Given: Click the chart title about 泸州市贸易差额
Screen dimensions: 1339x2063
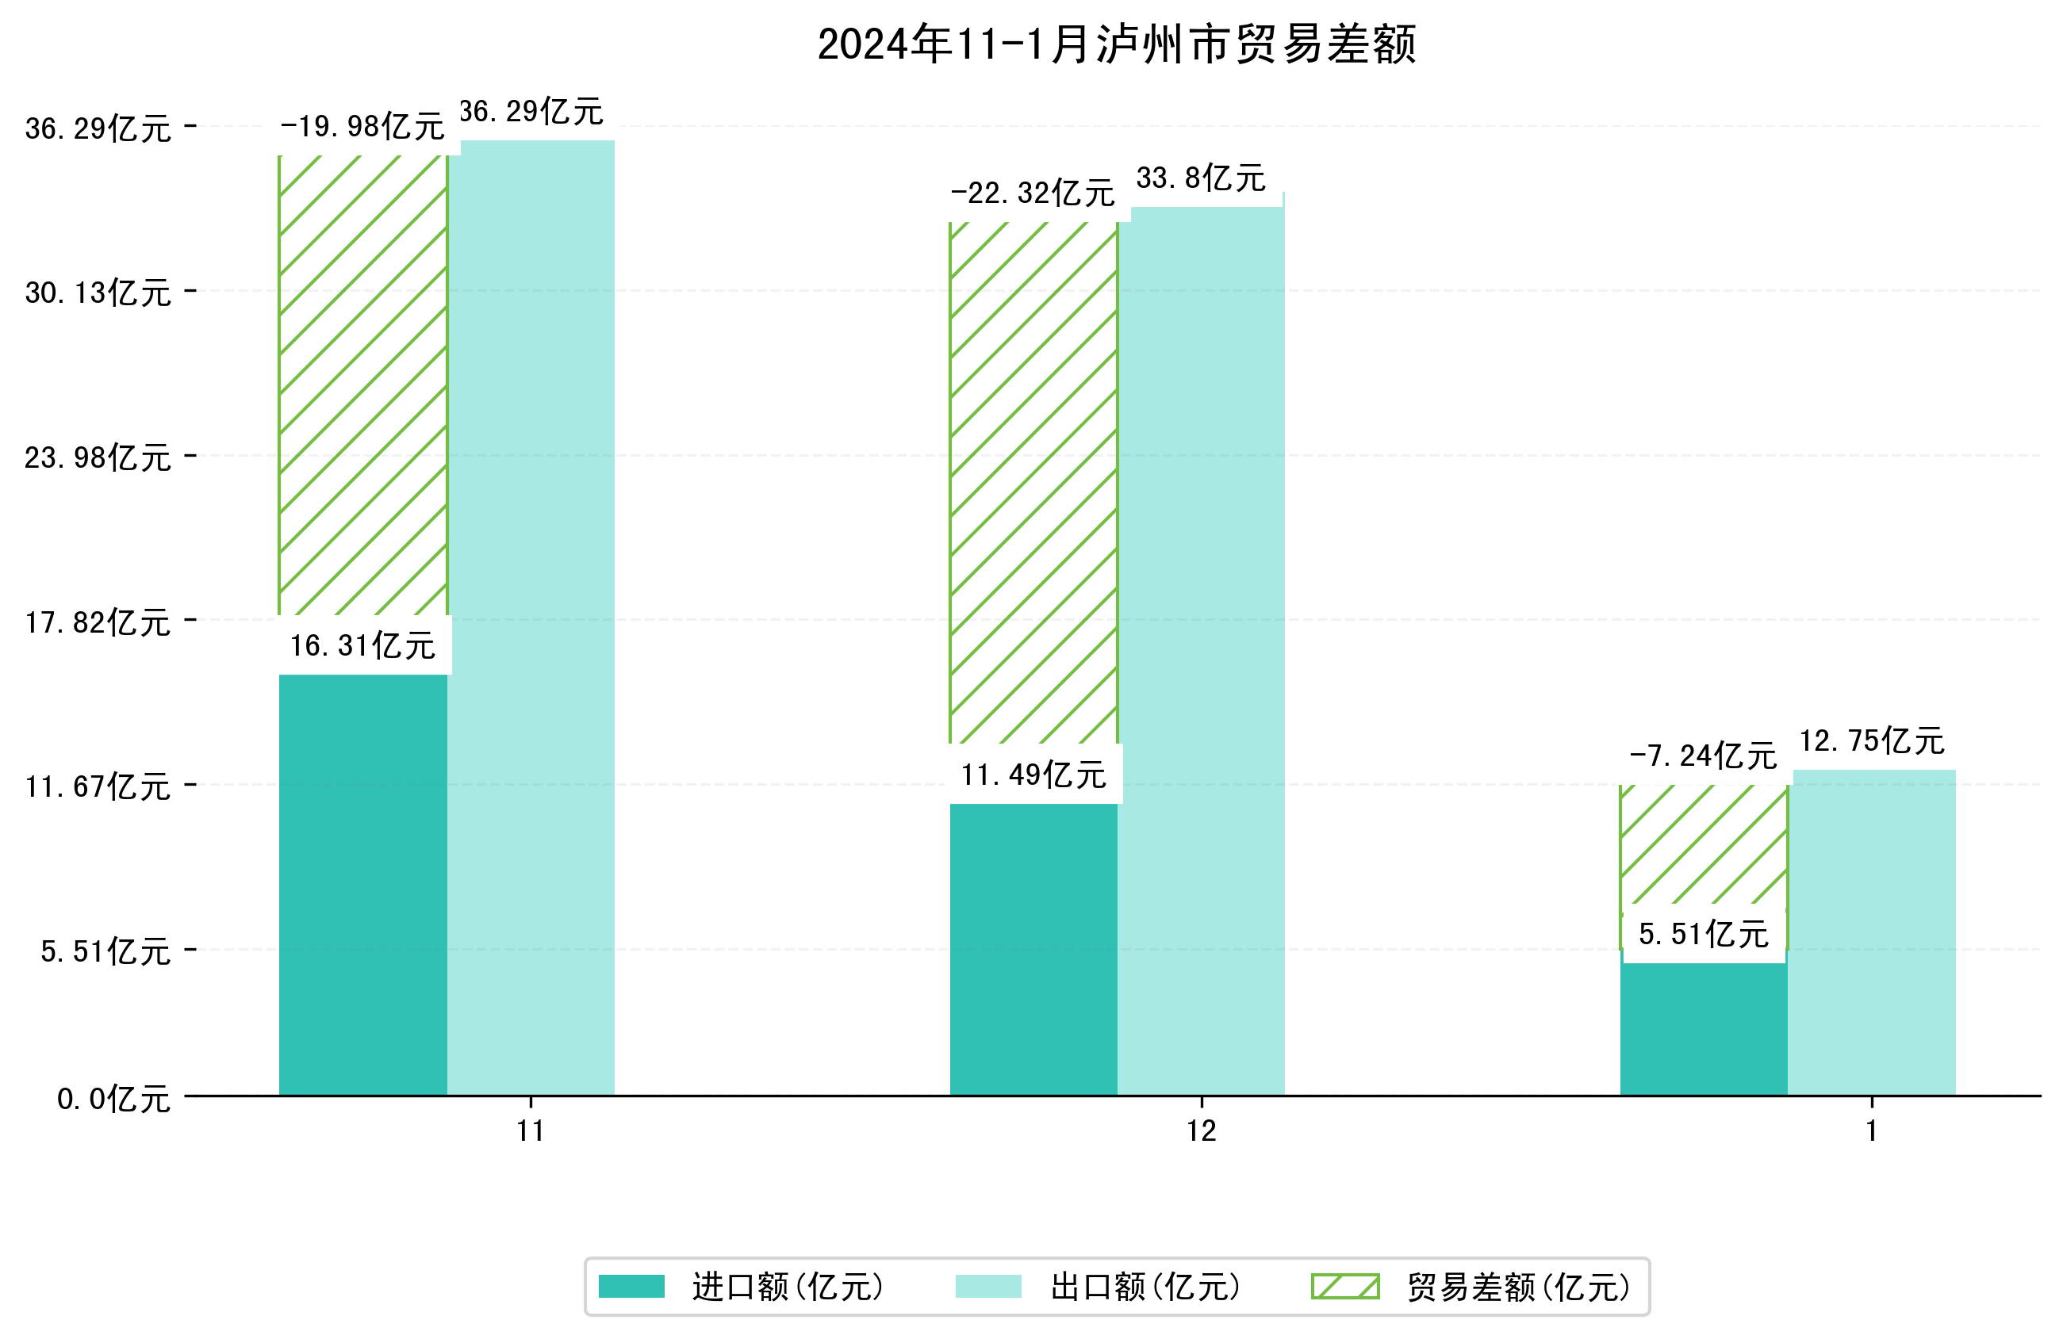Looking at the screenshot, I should [x=1117, y=45].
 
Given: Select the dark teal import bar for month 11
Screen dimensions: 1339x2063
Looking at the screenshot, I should [x=362, y=884].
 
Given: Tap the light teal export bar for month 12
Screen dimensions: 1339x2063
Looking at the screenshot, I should [x=1201, y=650].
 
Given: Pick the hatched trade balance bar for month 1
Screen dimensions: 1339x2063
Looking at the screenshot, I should [x=1703, y=845].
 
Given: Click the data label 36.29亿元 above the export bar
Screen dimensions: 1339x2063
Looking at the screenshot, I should [x=531, y=112].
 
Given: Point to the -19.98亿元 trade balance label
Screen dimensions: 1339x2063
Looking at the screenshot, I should [x=362, y=127].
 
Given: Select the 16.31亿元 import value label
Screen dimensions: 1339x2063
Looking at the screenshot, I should [x=362, y=645].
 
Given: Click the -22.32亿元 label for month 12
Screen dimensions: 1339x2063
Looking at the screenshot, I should [x=1033, y=193].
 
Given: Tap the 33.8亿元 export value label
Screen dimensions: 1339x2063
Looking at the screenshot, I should [x=1201, y=178].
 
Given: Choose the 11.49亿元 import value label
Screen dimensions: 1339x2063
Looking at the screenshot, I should [x=1033, y=775].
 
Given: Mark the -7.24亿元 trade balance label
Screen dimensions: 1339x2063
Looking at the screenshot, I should [x=1703, y=756].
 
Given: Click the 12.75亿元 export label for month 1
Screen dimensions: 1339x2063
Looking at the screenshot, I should [x=1871, y=742].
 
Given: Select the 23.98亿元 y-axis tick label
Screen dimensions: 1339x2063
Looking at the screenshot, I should [x=97, y=457].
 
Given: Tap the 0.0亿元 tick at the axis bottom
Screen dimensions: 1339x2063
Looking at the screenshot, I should [x=113, y=1099].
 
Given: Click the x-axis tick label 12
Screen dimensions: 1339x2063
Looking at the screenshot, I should [x=1202, y=1131].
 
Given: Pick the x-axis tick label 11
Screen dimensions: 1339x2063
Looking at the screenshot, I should [x=531, y=1131].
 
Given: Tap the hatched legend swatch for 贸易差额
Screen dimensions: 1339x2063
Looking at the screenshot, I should [x=1344, y=1286].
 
